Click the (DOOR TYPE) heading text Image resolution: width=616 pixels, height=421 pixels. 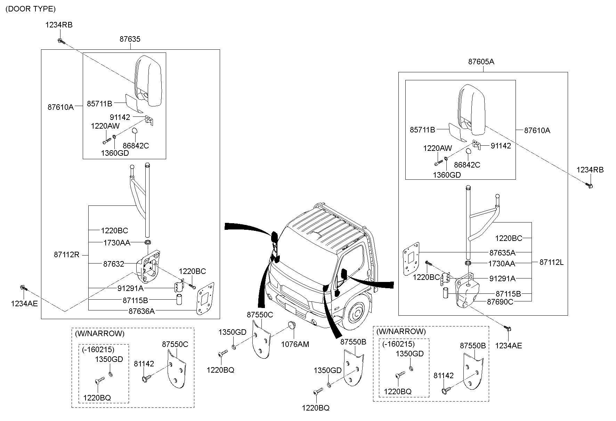point(31,9)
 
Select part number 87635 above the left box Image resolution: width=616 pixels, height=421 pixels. point(130,39)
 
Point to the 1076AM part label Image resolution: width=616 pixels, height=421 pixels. point(295,344)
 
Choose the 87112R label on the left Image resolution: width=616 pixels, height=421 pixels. point(66,255)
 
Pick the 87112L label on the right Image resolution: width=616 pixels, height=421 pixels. point(551,262)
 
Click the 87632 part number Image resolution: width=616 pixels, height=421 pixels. point(113,264)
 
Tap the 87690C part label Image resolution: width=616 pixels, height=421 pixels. point(500,302)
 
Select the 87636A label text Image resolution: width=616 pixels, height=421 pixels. point(141,311)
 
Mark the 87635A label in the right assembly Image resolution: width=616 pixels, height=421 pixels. point(502,252)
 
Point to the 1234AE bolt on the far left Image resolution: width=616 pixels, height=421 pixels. point(23,288)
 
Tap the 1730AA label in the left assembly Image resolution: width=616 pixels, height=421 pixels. point(116,243)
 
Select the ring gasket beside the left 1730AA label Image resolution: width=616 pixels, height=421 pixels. point(148,242)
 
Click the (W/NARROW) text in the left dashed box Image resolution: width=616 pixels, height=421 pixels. point(99,334)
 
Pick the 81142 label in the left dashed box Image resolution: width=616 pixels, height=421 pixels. point(144,364)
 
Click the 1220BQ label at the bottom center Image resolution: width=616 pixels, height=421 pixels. point(315,408)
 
